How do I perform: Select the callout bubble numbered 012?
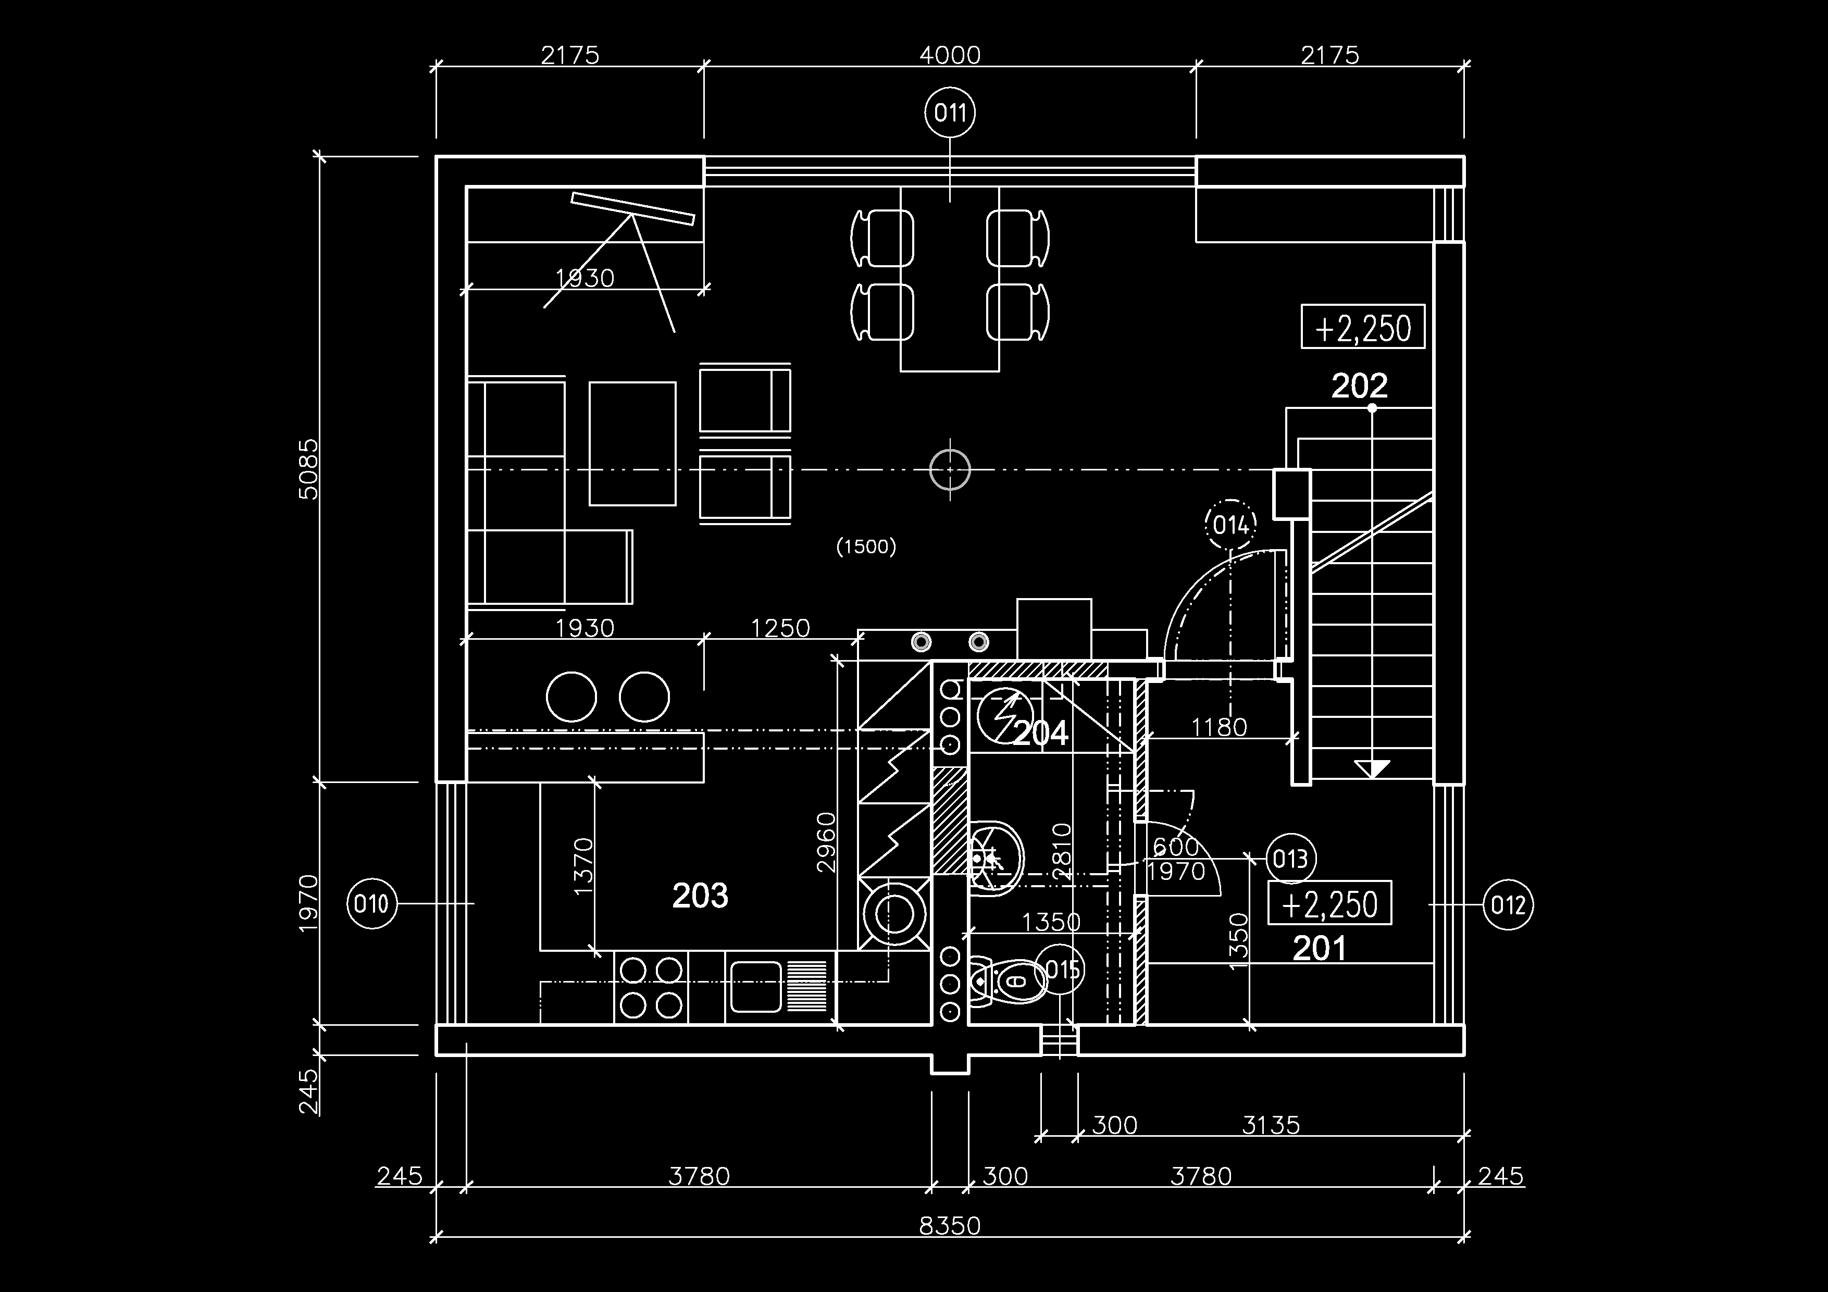tap(1508, 905)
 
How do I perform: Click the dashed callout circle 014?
tap(1231, 525)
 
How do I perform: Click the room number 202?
tap(1360, 386)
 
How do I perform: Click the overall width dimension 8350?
tap(950, 1226)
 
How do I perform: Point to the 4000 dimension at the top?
tap(950, 55)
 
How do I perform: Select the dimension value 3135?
tap(1271, 1125)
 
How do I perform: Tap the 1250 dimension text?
tap(780, 628)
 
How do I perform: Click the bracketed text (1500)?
tap(866, 546)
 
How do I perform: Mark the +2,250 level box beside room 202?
tap(1363, 326)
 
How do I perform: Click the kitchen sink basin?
tap(755, 987)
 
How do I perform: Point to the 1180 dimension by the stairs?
tap(1219, 727)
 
